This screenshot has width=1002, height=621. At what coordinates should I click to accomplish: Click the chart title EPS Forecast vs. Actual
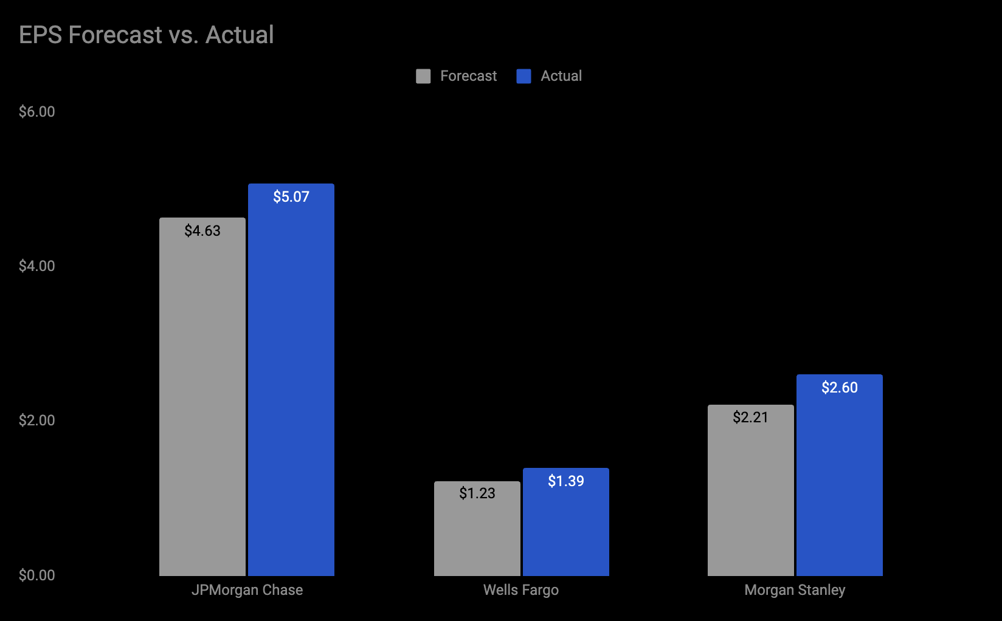[146, 35]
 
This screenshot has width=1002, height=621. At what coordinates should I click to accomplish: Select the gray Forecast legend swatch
[423, 76]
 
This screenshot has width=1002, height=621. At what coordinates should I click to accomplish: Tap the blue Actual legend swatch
[523, 76]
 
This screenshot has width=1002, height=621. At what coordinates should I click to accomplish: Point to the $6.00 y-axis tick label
[36, 112]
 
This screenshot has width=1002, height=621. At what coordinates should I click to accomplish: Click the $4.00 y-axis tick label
[36, 266]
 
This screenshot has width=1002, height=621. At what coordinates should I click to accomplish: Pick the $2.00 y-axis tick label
[36, 420]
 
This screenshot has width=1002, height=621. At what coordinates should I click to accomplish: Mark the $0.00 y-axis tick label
[36, 575]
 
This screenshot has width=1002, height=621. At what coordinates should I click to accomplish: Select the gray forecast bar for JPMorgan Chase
[202, 401]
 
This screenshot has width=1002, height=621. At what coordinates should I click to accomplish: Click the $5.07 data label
[291, 197]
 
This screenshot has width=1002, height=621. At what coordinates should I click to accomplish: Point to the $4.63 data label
[202, 231]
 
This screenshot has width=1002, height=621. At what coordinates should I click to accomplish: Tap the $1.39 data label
[566, 481]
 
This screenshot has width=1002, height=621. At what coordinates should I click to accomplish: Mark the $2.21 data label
[751, 417]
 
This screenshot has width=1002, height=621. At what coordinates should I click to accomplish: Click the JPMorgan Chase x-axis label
[247, 590]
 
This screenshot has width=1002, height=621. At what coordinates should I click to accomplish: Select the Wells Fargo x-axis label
[521, 590]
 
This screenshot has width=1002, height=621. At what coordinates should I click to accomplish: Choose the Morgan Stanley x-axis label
[795, 590]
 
